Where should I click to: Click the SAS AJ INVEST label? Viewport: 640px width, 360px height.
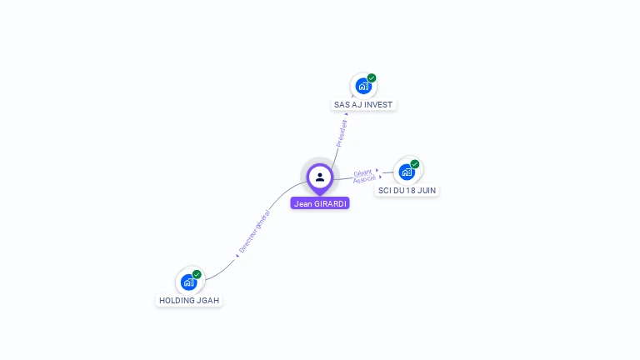point(362,105)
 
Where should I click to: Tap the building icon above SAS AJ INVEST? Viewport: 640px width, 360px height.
point(362,86)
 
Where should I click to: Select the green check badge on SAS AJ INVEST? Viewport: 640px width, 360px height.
point(372,78)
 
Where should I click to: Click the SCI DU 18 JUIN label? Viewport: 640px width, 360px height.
point(407,191)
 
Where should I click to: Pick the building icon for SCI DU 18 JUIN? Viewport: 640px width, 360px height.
point(406,172)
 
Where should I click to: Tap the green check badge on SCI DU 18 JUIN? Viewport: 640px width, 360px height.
point(415,164)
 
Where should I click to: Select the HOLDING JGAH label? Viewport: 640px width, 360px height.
point(189,300)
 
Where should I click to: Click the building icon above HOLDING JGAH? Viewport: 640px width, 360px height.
point(188,282)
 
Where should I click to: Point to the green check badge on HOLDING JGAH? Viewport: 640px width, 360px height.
point(197,274)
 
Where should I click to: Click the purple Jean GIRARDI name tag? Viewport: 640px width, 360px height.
point(320,203)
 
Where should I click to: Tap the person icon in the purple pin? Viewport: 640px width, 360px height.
point(320,177)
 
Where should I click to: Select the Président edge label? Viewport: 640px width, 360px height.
point(342,133)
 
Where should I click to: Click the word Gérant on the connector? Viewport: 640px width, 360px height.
point(362,173)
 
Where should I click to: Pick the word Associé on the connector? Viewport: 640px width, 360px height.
point(364,180)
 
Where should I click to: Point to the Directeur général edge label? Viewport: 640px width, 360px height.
point(255,231)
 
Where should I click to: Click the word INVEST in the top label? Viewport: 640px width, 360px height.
point(378,105)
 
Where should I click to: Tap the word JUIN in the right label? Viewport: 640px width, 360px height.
point(426,191)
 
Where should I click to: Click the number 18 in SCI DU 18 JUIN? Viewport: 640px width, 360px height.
point(410,191)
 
